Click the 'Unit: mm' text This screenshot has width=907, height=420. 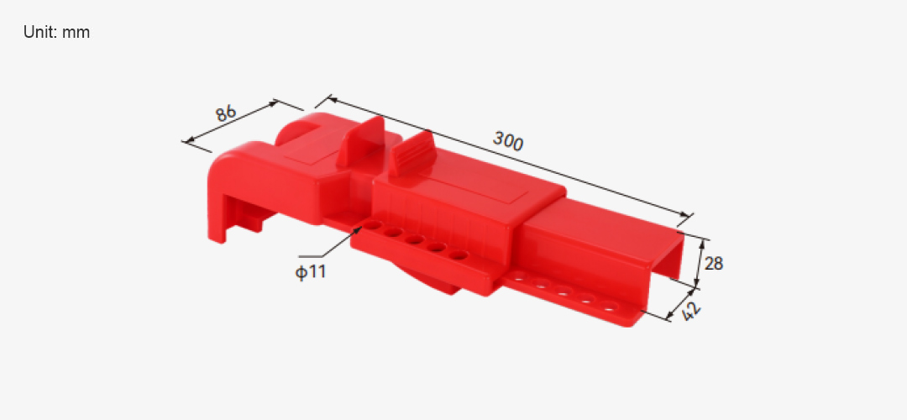pyautogui.click(x=57, y=33)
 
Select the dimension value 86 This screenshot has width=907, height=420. pyautogui.click(x=226, y=113)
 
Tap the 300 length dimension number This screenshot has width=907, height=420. pyautogui.click(x=508, y=141)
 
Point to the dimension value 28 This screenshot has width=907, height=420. pyautogui.click(x=714, y=264)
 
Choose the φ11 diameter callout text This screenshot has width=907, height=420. pyautogui.click(x=311, y=272)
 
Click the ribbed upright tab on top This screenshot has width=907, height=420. pyautogui.click(x=412, y=153)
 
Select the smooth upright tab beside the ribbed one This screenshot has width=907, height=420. pyautogui.click(x=361, y=141)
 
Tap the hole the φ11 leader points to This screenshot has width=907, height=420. pyautogui.click(x=372, y=225)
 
